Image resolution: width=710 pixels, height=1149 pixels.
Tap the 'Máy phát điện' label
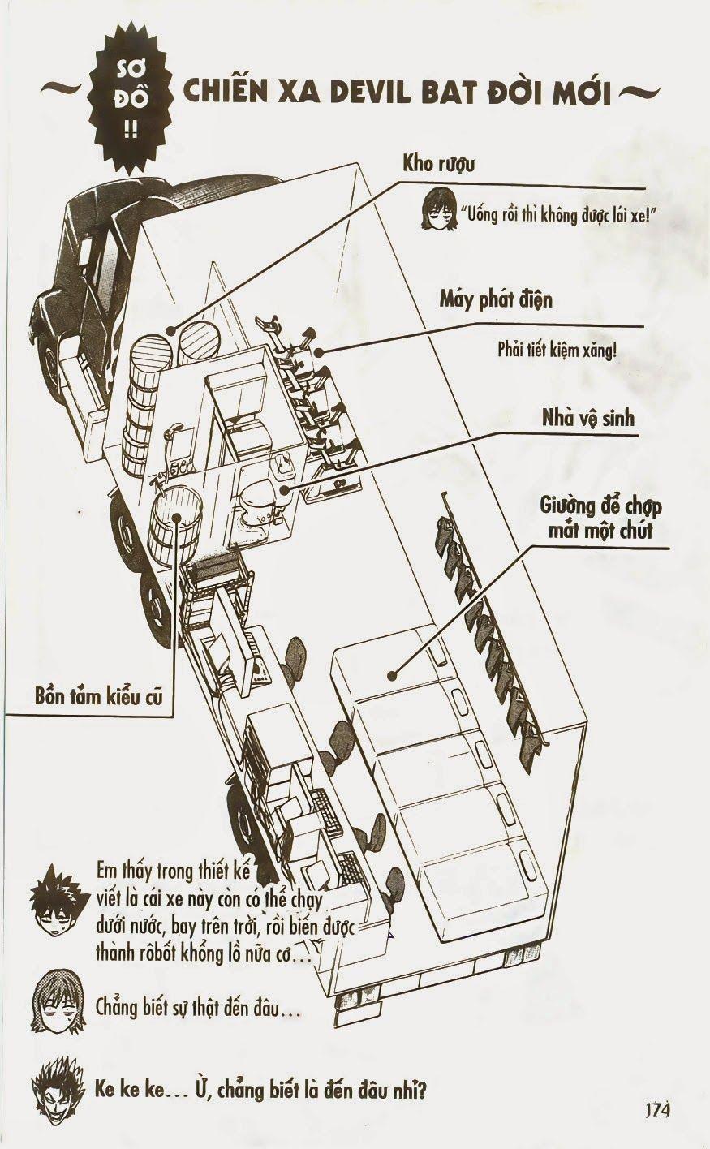(496, 299)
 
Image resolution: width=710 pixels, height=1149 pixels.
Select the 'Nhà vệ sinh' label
(588, 419)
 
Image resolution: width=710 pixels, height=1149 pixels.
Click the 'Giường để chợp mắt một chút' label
(600, 519)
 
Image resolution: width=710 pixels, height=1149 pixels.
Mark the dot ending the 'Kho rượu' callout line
(171, 329)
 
